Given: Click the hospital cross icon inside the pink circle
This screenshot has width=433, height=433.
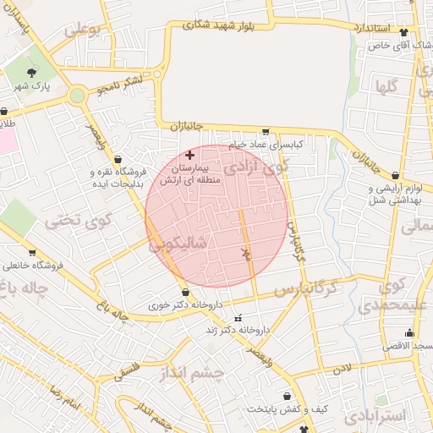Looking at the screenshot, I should pos(189,155).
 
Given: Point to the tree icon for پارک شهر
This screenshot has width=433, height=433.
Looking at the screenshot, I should pos(32,73).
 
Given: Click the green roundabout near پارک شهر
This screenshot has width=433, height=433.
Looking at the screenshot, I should pos(78,96).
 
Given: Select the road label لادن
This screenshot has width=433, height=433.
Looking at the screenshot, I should pos(341,369).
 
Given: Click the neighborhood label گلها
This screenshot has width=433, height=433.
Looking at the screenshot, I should pos(388,86).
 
